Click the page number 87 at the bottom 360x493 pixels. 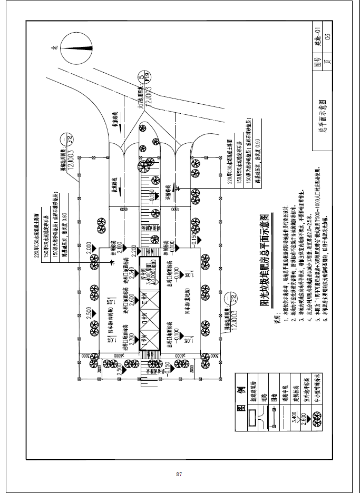click(x=179, y=475)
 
